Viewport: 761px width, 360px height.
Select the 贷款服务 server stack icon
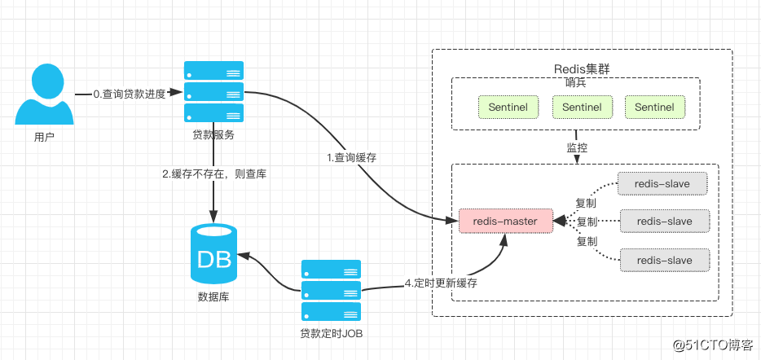(x=213, y=91)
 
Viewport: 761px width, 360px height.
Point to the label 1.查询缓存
(x=353, y=156)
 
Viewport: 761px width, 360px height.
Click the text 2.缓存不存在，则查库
(x=214, y=173)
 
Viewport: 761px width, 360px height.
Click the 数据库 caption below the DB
(x=213, y=297)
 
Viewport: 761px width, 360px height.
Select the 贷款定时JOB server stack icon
(x=331, y=290)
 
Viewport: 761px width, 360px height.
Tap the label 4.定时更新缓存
(x=441, y=283)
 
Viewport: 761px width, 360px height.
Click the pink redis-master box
(x=504, y=220)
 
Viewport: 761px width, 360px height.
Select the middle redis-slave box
(x=664, y=221)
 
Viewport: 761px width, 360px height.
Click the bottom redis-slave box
(x=664, y=260)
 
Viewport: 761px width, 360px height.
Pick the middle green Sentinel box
(x=582, y=107)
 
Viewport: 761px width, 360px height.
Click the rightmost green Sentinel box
(x=654, y=107)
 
